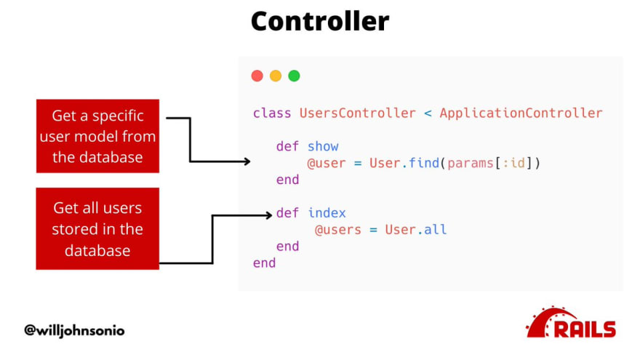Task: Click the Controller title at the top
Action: tap(320, 21)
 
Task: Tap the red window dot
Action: tap(257, 76)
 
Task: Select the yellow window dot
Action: tap(276, 76)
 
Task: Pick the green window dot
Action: tap(294, 76)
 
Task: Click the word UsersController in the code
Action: tap(358, 113)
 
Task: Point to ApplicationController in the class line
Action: tap(521, 113)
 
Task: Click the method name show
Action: tap(323, 146)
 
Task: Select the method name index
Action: tap(327, 212)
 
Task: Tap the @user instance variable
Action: tap(326, 163)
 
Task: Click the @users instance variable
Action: tap(338, 230)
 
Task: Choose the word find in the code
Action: tap(424, 163)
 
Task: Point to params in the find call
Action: tap(471, 164)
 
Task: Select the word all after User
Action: tap(435, 229)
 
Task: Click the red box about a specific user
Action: tap(97, 136)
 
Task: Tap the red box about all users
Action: tap(97, 228)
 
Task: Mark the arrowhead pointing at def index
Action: tap(269, 215)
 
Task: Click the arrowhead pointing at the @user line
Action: tap(247, 161)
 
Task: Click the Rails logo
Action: tap(571, 322)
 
